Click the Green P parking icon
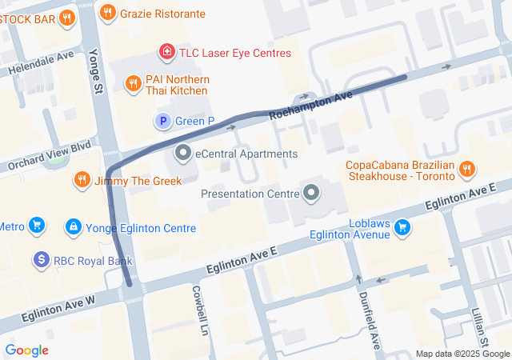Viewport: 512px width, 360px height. [x=162, y=121]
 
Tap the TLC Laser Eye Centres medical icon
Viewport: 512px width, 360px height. [x=166, y=53]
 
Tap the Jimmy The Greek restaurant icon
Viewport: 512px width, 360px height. [x=81, y=180]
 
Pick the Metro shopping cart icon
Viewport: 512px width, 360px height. [x=36, y=226]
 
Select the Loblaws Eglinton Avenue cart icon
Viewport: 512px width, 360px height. [x=402, y=228]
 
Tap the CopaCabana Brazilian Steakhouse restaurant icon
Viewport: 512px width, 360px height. [x=467, y=169]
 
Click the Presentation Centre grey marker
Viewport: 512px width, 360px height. [x=311, y=193]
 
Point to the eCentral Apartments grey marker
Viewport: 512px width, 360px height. [x=183, y=153]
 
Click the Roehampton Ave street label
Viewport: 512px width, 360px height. [x=310, y=106]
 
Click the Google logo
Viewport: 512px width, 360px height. [x=26, y=350]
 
